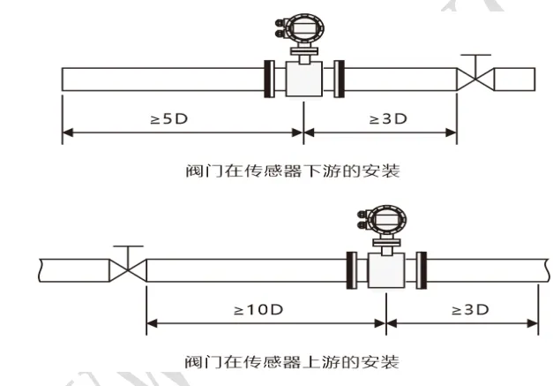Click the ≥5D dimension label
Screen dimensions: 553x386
pos(169,119)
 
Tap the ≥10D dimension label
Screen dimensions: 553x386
pos(258,310)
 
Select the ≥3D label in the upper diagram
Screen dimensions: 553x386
pos(388,119)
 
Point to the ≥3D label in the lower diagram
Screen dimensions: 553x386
pos(470,310)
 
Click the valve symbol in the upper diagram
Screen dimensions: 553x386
pos(475,79)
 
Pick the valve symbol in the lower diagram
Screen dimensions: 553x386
pos(128,270)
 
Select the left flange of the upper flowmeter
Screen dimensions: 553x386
pos(270,79)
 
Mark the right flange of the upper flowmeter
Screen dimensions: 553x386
pos(339,79)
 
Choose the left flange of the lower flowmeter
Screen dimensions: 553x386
pos(352,270)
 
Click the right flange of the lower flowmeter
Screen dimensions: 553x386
pos(422,270)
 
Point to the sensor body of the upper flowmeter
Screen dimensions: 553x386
pos(304,79)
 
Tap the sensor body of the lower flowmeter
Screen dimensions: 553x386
pos(386,270)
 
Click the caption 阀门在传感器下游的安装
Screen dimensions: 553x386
pos(293,171)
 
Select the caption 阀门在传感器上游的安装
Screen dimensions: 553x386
pos(292,362)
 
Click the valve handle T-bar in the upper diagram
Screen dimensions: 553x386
pos(475,55)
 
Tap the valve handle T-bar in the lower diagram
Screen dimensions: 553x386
pos(128,246)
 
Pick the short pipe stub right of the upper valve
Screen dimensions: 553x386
pos(514,79)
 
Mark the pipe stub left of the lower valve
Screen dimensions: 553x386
pos(74,270)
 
